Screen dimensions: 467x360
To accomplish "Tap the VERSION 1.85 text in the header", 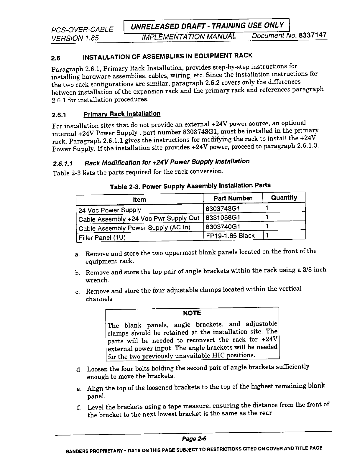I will tap(75, 38).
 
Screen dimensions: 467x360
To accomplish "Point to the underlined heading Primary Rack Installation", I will tap(122, 114).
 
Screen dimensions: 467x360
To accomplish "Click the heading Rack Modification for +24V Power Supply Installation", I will tap(167, 162).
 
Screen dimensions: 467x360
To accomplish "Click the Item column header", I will tap(139, 200).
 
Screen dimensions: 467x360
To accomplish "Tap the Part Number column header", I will tap(233, 198).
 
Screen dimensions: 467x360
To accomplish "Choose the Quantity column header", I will tap(284, 198).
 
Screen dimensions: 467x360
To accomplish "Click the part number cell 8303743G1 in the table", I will tap(223, 209).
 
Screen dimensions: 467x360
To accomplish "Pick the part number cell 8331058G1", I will tap(223, 218).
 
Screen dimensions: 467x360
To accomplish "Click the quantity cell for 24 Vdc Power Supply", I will tap(267, 208).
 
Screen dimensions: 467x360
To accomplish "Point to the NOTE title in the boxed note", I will tap(192, 313).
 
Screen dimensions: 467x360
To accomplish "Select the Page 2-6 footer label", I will tap(194, 439).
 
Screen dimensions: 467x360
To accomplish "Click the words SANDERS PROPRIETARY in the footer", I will tap(86, 451).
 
